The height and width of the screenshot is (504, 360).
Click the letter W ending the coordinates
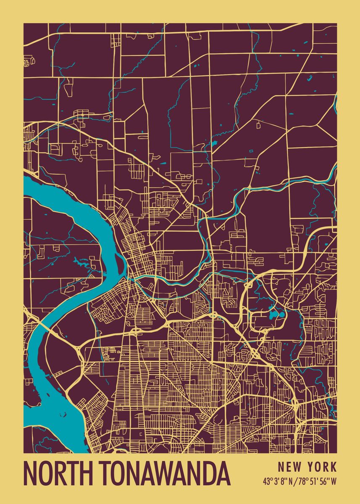click(334, 481)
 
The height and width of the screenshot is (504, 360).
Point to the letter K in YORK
click(333, 467)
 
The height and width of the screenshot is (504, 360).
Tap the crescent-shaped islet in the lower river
click(63, 414)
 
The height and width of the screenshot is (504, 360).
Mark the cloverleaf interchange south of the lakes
click(255, 353)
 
